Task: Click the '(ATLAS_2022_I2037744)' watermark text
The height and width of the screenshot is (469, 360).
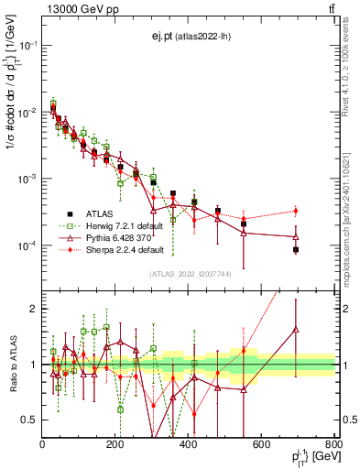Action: pyautogui.click(x=189, y=274)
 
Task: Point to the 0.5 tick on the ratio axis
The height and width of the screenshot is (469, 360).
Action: pyautogui.click(x=31, y=420)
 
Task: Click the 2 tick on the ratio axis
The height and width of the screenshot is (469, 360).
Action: pyautogui.click(x=35, y=309)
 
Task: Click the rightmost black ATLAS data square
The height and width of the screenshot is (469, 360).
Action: pyautogui.click(x=296, y=249)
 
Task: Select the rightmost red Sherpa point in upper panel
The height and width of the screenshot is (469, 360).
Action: pyautogui.click(x=296, y=211)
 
